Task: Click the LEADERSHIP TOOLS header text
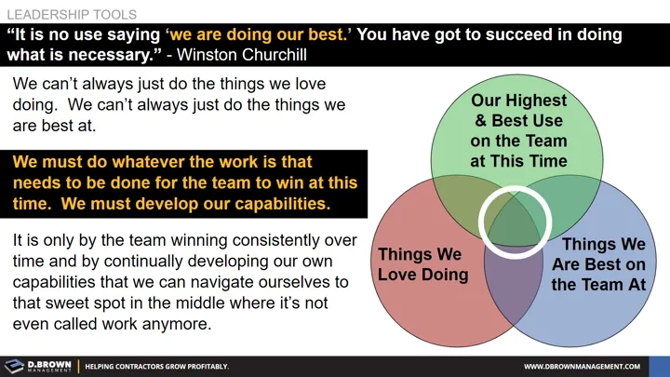(x=72, y=15)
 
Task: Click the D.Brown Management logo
(x=36, y=366)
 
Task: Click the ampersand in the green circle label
(x=479, y=120)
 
